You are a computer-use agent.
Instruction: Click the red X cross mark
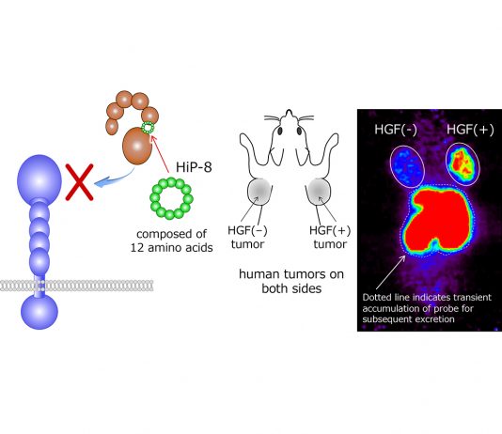(79, 182)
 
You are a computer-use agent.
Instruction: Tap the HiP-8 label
(194, 167)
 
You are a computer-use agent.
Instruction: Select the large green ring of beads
(171, 198)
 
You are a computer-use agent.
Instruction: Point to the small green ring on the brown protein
(148, 128)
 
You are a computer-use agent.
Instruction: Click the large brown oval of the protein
(137, 146)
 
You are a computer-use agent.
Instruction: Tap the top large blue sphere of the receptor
(39, 178)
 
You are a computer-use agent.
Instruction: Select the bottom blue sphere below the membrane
(39, 312)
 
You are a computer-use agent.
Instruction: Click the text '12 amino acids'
(172, 248)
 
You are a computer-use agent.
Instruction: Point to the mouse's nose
(290, 113)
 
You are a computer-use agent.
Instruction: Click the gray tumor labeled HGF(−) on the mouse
(259, 192)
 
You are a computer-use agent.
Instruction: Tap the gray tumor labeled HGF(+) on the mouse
(319, 192)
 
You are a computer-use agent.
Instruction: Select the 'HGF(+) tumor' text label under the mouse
(330, 237)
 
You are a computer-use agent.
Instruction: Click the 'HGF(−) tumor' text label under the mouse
(248, 237)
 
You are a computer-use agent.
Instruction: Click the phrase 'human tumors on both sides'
(291, 281)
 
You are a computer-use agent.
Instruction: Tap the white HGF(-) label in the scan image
(396, 130)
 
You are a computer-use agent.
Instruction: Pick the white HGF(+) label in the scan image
(470, 130)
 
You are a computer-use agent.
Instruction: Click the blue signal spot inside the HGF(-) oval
(408, 166)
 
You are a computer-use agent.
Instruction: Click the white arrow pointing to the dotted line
(390, 272)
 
